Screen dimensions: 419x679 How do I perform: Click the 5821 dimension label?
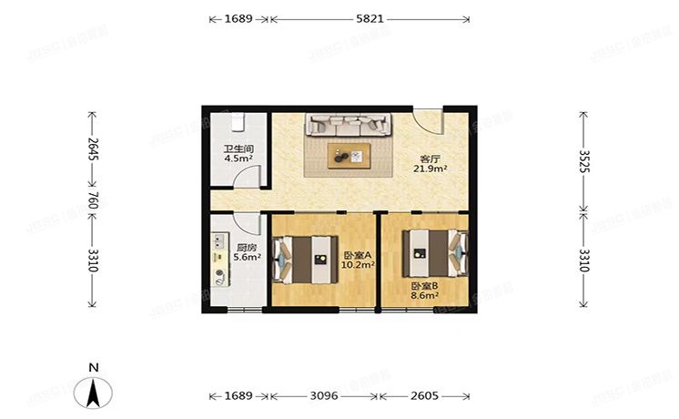[369, 18]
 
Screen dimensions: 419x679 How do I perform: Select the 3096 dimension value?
[324, 397]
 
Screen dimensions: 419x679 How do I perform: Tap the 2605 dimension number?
[424, 397]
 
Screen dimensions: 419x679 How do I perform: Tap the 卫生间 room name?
[238, 148]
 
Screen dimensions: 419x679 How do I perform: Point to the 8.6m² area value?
[424, 294]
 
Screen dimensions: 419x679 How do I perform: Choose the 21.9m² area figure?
[428, 169]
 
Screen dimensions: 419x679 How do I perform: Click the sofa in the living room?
[348, 125]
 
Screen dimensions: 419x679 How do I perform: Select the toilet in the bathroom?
[238, 121]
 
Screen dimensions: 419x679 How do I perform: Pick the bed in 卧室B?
[436, 251]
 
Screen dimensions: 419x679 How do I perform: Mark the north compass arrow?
[93, 392]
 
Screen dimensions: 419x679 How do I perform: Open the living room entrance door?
[426, 120]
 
